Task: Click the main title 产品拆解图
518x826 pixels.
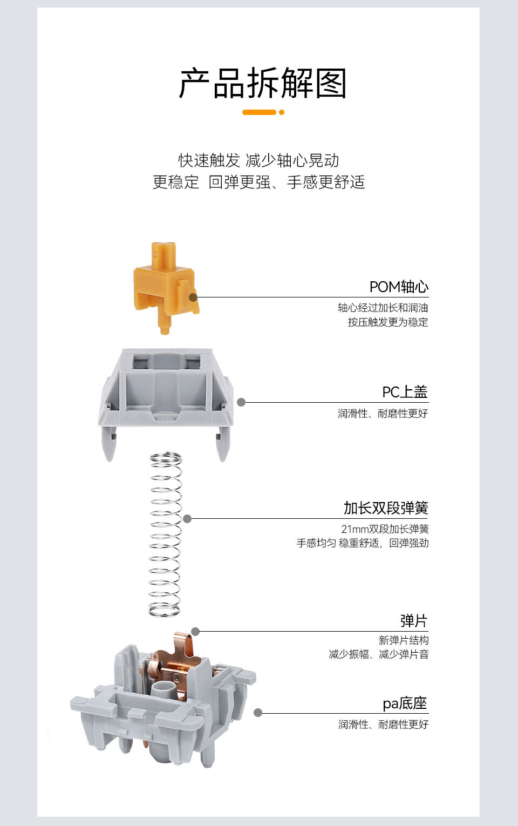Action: coord(262,84)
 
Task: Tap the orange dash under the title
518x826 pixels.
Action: coord(259,112)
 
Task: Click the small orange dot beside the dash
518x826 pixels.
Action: coord(281,112)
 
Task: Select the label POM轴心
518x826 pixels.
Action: coord(399,287)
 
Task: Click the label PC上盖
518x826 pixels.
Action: coord(405,392)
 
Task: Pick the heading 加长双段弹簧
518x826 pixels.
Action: coord(386,508)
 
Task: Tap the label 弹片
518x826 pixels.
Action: coord(414,621)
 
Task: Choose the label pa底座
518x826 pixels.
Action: coord(405,703)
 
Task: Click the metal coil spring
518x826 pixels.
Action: coord(165,534)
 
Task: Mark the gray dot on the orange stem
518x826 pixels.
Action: coord(193,297)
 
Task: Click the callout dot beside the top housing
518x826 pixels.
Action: coord(241,402)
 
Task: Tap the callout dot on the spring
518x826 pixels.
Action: coord(187,519)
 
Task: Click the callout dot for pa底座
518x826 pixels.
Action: coord(258,713)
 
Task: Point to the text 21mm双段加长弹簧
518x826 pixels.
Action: coord(385,529)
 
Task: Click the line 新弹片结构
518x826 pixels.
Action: coord(404,640)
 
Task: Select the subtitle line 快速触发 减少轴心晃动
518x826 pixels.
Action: coord(259,160)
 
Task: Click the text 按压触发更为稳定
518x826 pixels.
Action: coord(387,322)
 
